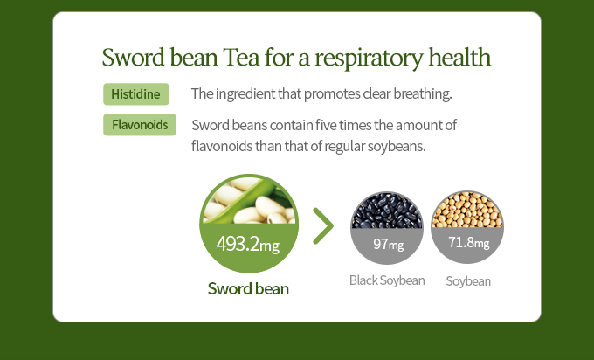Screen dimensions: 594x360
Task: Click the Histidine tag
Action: (136, 94)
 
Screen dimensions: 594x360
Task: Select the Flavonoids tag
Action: (140, 125)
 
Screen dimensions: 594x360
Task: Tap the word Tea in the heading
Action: (241, 57)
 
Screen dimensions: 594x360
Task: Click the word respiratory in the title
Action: (369, 59)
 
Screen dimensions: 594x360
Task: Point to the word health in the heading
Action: (459, 57)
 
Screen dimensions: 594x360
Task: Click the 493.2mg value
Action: (248, 244)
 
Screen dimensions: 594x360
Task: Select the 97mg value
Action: (389, 244)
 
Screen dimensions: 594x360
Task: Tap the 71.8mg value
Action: (469, 242)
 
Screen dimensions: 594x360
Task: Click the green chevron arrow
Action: (323, 225)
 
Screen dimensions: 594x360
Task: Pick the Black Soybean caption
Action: (387, 280)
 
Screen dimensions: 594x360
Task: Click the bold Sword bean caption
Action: (248, 288)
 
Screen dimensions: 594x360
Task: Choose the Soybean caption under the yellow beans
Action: (468, 281)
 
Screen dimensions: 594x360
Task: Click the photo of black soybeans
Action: (387, 211)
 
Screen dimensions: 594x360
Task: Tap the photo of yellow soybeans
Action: (467, 210)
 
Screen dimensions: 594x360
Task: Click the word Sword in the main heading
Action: (134, 57)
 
